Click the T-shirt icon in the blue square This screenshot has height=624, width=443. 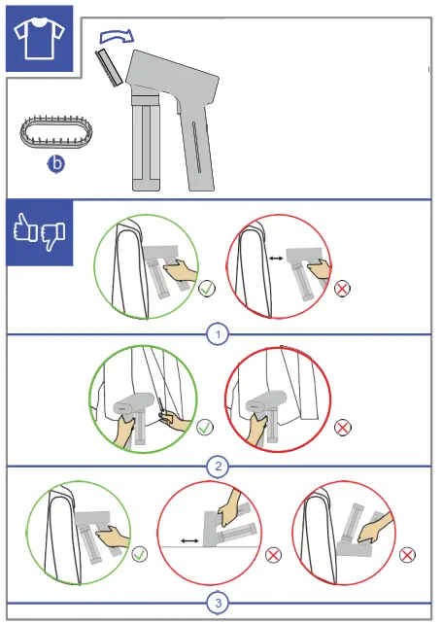[x=39, y=38]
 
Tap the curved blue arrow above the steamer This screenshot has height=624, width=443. [x=117, y=36]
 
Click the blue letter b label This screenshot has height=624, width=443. [x=56, y=164]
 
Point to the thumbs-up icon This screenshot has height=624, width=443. [x=25, y=227]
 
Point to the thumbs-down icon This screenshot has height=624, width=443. [x=52, y=236]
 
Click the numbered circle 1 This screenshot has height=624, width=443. [x=218, y=334]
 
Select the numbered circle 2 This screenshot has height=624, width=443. [x=218, y=466]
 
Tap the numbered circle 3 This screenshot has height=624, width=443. [x=218, y=603]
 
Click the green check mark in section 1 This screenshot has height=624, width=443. [x=207, y=288]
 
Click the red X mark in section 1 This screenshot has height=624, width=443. [x=342, y=288]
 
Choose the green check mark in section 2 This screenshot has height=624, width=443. [x=205, y=427]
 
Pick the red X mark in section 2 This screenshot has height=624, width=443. [x=342, y=428]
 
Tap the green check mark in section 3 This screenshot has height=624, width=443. [x=139, y=554]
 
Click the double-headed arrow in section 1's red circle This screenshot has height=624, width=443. [x=276, y=259]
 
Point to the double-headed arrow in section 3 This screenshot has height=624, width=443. [x=189, y=540]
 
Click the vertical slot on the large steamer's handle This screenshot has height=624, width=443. [x=196, y=147]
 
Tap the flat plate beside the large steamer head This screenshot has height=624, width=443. [x=109, y=68]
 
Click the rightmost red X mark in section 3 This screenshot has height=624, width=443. [x=407, y=555]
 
